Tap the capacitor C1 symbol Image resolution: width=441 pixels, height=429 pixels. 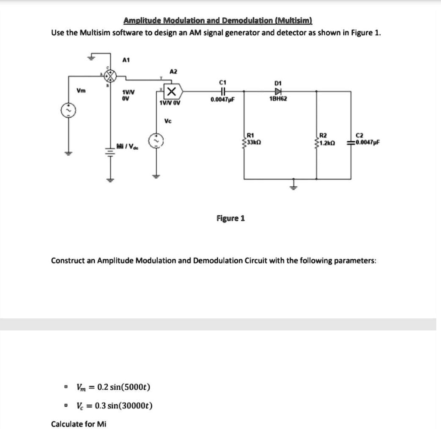click(x=222, y=91)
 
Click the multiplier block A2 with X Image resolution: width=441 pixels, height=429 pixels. click(x=171, y=91)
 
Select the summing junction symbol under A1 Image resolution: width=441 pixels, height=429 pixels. click(x=111, y=76)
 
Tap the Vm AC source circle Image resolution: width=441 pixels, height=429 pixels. click(x=67, y=111)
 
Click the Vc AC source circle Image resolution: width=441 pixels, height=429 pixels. click(x=155, y=141)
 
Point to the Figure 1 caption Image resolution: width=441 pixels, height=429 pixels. click(x=230, y=218)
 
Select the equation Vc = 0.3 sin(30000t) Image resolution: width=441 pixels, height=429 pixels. click(x=115, y=406)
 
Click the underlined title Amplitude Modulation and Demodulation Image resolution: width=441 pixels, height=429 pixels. click(x=217, y=21)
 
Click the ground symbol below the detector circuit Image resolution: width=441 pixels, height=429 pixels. click(x=294, y=186)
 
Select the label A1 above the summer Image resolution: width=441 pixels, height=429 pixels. click(x=126, y=60)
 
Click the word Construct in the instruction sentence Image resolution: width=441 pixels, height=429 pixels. click(x=67, y=261)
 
